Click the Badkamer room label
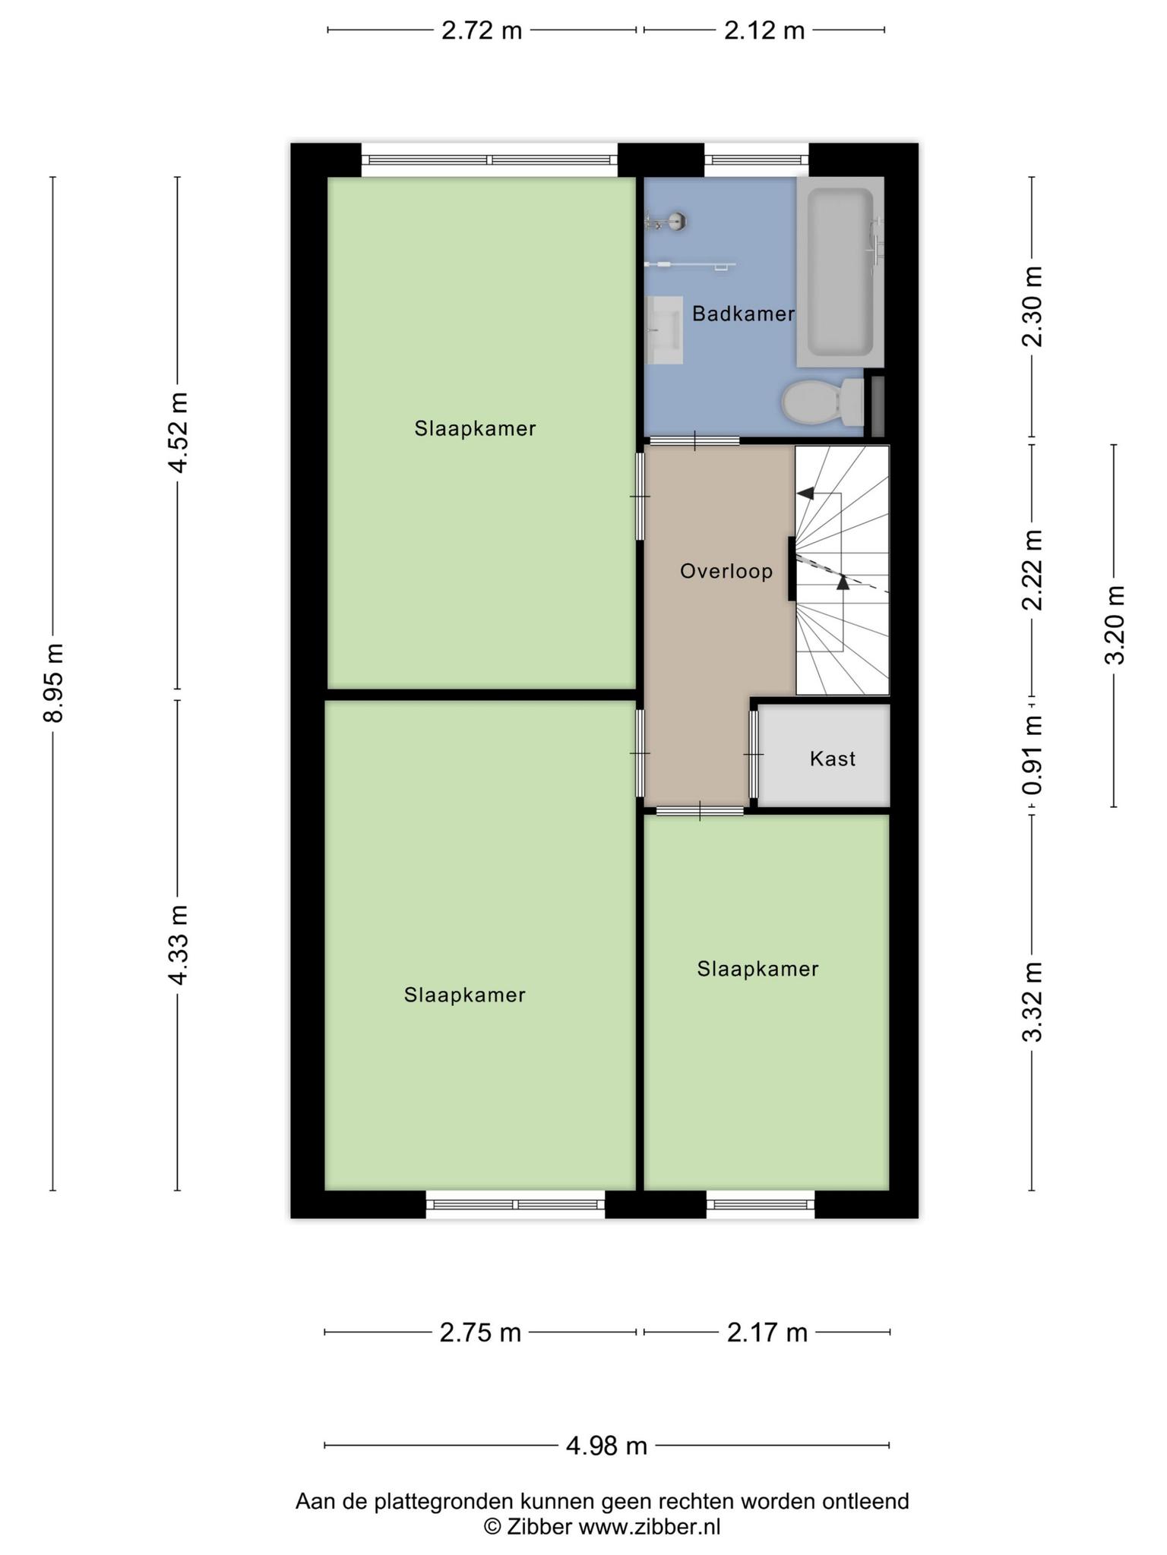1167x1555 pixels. (x=743, y=314)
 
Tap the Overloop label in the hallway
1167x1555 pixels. (x=726, y=571)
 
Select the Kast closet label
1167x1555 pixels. (x=833, y=759)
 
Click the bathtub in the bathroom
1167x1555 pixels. (x=840, y=272)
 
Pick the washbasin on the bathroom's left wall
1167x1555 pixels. (x=664, y=330)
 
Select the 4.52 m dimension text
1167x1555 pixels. (x=178, y=433)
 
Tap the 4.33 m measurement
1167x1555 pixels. (x=178, y=945)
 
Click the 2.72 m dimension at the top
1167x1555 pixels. (x=482, y=30)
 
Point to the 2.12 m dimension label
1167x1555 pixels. (x=764, y=30)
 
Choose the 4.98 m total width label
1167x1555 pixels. (x=606, y=1446)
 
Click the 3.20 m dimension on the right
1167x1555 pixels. (x=1114, y=625)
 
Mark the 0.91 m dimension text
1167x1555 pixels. (x=1032, y=755)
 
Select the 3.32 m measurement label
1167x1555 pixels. (x=1032, y=1002)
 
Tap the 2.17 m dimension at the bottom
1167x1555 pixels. (x=767, y=1332)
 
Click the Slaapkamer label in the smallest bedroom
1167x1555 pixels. (x=757, y=969)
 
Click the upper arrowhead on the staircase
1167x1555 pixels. (x=805, y=494)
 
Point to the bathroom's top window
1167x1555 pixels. (x=757, y=159)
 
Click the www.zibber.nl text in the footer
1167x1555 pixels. (x=650, y=1526)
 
